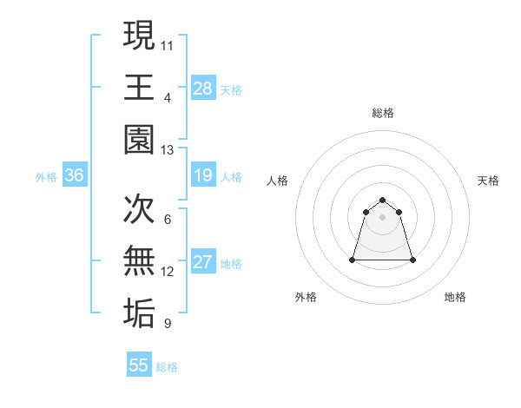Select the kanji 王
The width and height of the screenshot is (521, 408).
pyautogui.click(x=140, y=88)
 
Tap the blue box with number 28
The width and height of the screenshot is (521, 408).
pyautogui.click(x=203, y=88)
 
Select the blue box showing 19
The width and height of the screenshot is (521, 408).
pyautogui.click(x=203, y=176)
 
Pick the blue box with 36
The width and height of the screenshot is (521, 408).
pyautogui.click(x=75, y=176)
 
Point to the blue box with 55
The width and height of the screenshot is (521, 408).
pyautogui.click(x=139, y=365)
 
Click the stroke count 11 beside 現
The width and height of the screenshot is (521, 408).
pyautogui.click(x=168, y=44)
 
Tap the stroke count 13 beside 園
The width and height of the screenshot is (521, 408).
pyautogui.click(x=168, y=150)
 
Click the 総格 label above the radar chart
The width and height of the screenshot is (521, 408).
pyautogui.click(x=383, y=114)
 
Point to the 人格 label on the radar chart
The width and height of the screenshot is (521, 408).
pyautogui.click(x=278, y=181)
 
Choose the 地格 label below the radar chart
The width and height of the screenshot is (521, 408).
pyautogui.click(x=455, y=297)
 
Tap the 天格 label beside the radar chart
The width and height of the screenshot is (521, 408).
pyautogui.click(x=489, y=181)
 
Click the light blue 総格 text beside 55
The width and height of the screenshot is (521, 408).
pyautogui.click(x=167, y=367)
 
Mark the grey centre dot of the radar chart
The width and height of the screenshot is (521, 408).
pyautogui.click(x=383, y=216)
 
